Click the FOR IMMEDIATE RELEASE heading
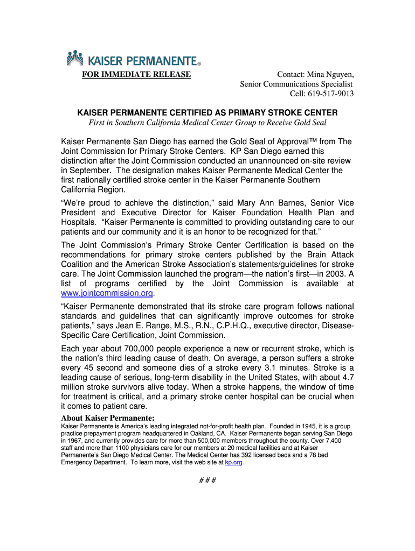pyautogui.click(x=136, y=74)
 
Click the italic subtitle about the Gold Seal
pyautogui.click(x=207, y=123)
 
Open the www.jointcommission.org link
pyautogui.click(x=107, y=293)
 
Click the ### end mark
pyautogui.click(x=207, y=480)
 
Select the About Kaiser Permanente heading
pyautogui.click(x=108, y=418)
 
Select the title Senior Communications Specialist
pyautogui.click(x=296, y=84)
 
